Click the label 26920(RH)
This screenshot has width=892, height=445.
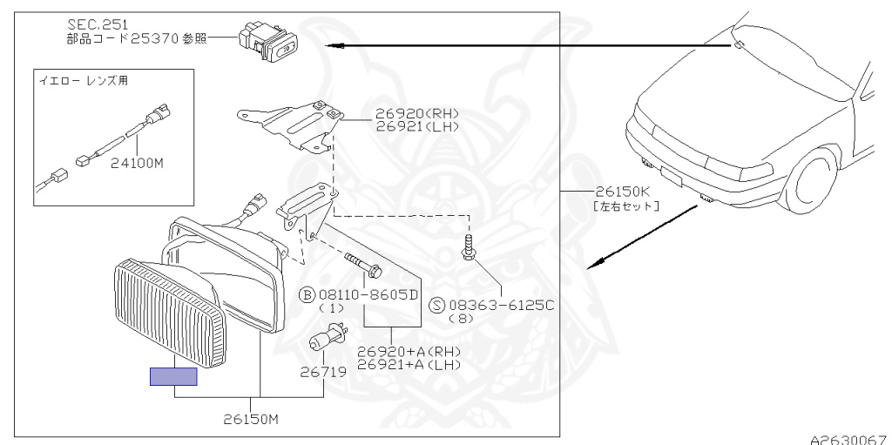[x=416, y=114]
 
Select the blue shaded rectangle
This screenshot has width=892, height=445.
[x=173, y=376]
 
